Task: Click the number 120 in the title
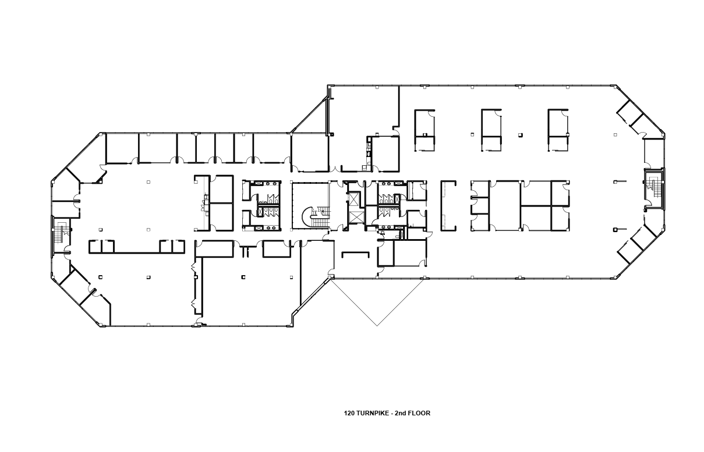pos(349,414)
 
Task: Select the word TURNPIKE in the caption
pos(373,414)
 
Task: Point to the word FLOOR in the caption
pos(419,414)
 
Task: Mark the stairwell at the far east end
pos(654,188)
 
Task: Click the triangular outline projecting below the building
pos(377,300)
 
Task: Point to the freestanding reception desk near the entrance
pos(355,254)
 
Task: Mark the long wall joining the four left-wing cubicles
pos(137,252)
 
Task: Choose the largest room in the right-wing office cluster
pos(504,205)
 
